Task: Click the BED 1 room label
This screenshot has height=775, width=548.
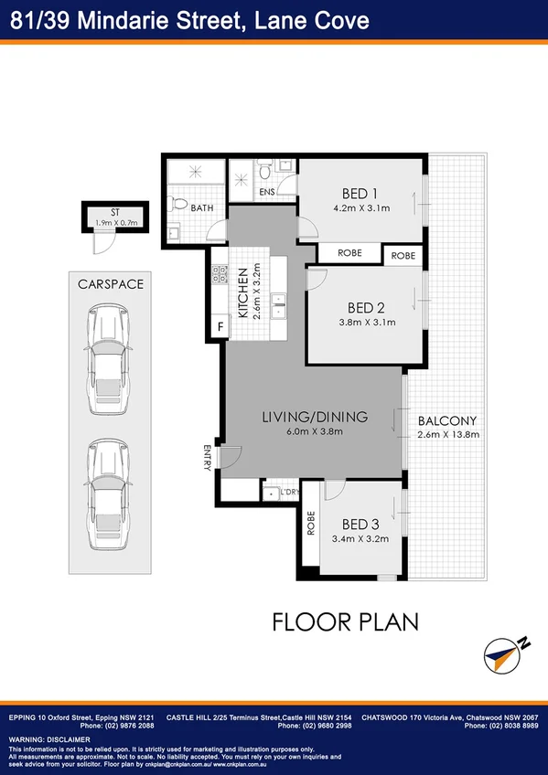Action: click(x=360, y=193)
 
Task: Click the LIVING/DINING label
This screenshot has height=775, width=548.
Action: click(x=315, y=417)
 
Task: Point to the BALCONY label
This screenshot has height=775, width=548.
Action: click(x=446, y=421)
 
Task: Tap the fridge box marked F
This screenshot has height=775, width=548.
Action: click(x=220, y=326)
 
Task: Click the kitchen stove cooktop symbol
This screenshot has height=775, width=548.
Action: click(x=220, y=273)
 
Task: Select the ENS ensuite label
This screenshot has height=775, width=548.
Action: click(x=267, y=193)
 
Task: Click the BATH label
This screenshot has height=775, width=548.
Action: click(x=202, y=208)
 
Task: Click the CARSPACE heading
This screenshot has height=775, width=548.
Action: click(x=112, y=284)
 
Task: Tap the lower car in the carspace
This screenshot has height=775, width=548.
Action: click(x=108, y=494)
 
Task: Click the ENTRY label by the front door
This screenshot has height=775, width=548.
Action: click(x=208, y=456)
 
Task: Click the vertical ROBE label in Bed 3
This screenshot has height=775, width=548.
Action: click(x=311, y=522)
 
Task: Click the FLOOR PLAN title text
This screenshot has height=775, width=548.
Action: click(x=345, y=622)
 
